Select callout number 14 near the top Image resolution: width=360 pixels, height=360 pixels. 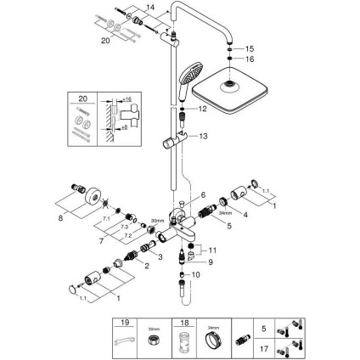click(151, 8)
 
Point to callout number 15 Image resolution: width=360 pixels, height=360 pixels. click(250, 49)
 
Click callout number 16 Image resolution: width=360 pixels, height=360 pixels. click(250, 59)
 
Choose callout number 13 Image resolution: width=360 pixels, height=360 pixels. click(203, 135)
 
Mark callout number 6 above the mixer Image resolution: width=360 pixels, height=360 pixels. click(203, 195)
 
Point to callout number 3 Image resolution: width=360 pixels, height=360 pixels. click(160, 256)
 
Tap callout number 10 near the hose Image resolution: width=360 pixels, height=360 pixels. click(197, 274)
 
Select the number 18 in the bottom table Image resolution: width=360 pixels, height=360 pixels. click(179, 323)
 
